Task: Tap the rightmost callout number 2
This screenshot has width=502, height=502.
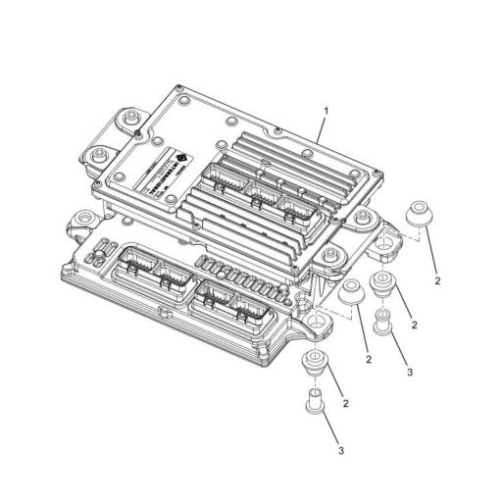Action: tap(437, 280)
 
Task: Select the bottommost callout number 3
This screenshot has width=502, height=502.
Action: tap(340, 450)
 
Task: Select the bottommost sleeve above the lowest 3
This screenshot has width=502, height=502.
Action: tap(314, 400)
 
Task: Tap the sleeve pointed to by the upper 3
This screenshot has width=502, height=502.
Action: tap(383, 318)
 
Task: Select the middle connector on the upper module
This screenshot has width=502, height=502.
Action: tap(259, 191)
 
